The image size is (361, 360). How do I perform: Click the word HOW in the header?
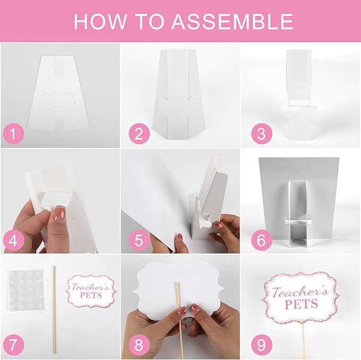[x=100, y=21]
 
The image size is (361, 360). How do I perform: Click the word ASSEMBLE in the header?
[x=232, y=21]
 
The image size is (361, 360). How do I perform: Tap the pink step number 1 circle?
[x=14, y=134]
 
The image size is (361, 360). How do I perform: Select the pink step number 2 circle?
[x=139, y=134]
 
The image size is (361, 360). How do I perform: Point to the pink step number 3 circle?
[x=262, y=134]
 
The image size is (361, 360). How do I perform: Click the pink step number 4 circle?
[x=14, y=240]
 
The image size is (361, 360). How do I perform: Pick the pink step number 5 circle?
[x=139, y=240]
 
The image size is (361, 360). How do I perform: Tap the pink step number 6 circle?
[x=262, y=240]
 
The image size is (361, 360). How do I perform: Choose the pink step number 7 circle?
[x=14, y=345]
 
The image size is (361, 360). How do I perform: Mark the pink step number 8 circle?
[x=139, y=345]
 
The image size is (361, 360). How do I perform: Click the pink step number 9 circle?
[x=262, y=345]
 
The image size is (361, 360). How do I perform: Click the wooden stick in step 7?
[x=54, y=309]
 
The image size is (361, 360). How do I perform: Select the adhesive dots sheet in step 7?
[x=26, y=291]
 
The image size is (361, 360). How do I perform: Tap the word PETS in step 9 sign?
[x=301, y=304]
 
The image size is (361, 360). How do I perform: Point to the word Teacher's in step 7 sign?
[x=90, y=287]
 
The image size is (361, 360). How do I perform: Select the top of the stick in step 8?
[x=177, y=282]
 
